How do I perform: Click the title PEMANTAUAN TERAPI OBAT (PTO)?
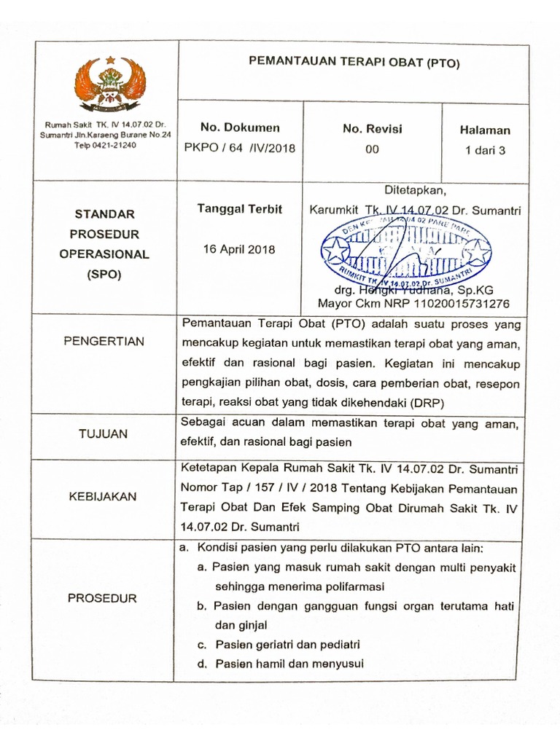[354, 63]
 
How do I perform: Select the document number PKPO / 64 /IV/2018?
[241, 149]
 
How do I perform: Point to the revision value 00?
[372, 149]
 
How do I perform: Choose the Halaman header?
[485, 130]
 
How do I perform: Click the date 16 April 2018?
[240, 249]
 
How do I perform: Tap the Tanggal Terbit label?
[240, 208]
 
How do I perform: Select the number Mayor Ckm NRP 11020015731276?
[413, 303]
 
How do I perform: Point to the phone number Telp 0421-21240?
[104, 145]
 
